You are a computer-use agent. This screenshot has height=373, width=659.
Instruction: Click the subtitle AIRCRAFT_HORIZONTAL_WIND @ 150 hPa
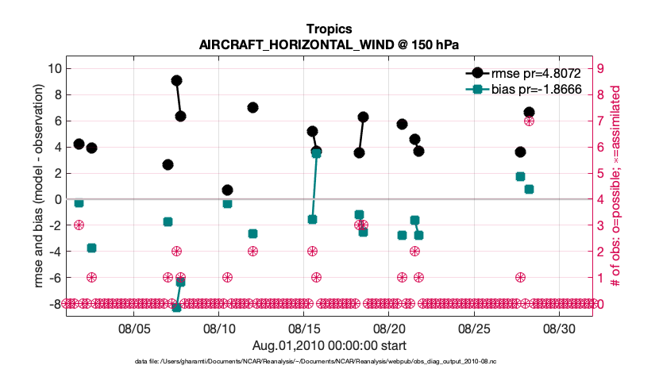tap(329, 44)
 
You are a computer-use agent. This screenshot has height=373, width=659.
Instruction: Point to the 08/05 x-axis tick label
tap(134, 328)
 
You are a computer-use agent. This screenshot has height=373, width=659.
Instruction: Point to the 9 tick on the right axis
tap(601, 68)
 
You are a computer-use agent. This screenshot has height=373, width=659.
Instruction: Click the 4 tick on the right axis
tap(601, 199)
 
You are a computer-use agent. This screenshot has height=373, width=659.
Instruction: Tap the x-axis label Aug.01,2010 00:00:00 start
tap(329, 345)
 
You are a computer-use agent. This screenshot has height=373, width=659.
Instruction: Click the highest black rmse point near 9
tap(177, 80)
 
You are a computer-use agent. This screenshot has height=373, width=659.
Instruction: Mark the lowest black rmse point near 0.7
tap(227, 190)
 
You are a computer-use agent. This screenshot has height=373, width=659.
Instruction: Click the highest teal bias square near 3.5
tap(316, 153)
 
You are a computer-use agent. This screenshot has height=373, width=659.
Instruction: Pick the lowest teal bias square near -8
tap(177, 307)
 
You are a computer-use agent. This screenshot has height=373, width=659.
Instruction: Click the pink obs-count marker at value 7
tap(529, 121)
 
